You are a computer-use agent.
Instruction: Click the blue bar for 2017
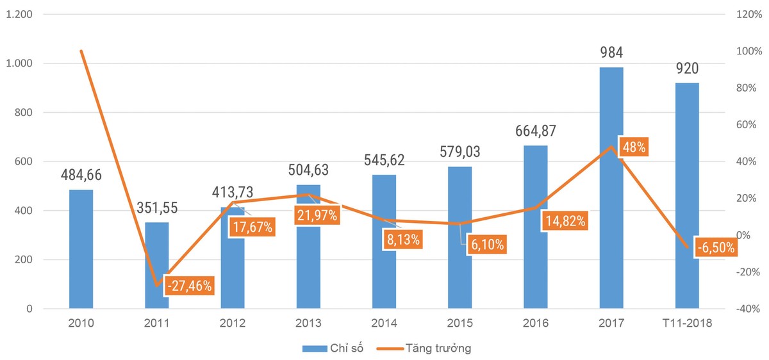(x=611, y=192)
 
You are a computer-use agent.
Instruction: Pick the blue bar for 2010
(x=81, y=250)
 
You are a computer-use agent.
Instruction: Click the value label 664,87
(x=536, y=131)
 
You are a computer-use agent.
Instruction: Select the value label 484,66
(x=81, y=174)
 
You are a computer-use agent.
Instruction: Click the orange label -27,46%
(x=188, y=286)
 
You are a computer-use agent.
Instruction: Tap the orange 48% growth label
(x=633, y=147)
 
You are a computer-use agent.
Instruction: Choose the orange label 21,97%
(x=317, y=215)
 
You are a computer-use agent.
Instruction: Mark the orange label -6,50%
(x=715, y=247)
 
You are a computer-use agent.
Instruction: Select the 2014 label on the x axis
(x=384, y=323)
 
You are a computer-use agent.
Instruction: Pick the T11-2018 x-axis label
(x=687, y=323)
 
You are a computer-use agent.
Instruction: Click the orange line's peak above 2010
(x=81, y=51)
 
